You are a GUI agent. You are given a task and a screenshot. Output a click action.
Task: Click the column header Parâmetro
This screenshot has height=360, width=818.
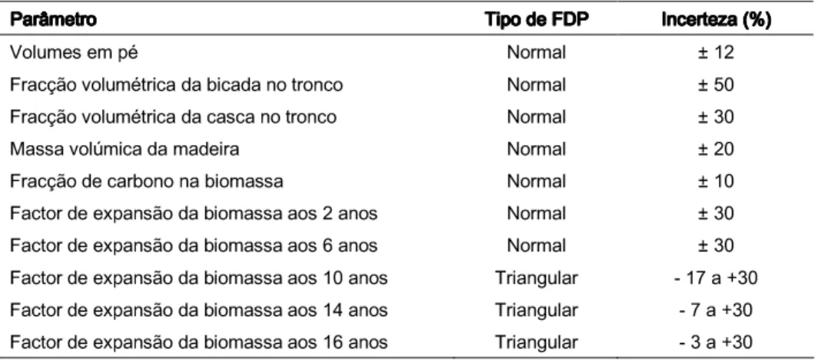coord(53,20)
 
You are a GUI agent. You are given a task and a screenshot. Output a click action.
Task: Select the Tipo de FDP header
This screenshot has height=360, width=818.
coord(536,20)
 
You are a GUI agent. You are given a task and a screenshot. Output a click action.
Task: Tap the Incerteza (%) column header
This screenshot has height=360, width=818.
coord(717,20)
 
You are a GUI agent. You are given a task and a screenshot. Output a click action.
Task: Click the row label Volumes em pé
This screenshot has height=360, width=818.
coord(74,53)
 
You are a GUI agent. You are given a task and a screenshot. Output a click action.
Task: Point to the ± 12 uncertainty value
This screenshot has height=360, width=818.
coord(716,53)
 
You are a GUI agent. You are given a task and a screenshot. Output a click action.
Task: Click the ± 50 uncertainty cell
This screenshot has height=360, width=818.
coord(716,85)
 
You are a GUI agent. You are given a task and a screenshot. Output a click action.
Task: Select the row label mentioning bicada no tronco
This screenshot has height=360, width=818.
coord(176,85)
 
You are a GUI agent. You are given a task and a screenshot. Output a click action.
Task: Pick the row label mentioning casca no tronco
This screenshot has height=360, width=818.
coord(173,117)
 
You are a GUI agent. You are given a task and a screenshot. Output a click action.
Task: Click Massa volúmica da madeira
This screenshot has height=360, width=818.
coord(125,149)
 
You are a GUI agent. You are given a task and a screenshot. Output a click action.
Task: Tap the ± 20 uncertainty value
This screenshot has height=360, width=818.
coord(716,149)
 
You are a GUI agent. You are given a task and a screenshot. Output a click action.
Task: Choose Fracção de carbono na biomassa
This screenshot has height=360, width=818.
coord(147,182)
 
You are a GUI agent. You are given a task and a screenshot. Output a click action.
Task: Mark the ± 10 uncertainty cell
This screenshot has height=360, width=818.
coord(716,182)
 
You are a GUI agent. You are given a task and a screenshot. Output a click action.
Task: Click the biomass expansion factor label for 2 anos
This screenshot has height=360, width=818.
coord(194,214)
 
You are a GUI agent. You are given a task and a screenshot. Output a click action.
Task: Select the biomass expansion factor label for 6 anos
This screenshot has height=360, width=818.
coord(194,245)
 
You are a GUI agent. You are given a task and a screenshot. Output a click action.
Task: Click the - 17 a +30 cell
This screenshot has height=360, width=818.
coord(716,278)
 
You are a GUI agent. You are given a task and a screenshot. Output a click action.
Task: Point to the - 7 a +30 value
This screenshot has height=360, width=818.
coord(716,311)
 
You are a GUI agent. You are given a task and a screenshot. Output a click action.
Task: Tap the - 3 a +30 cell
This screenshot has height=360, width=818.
coord(716,342)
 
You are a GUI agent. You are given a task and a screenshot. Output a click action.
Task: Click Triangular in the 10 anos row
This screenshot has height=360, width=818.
coord(537,278)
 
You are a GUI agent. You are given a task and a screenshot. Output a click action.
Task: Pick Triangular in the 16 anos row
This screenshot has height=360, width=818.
coord(537,343)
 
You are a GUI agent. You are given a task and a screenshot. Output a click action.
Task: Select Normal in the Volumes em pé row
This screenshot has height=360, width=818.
coord(537,53)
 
